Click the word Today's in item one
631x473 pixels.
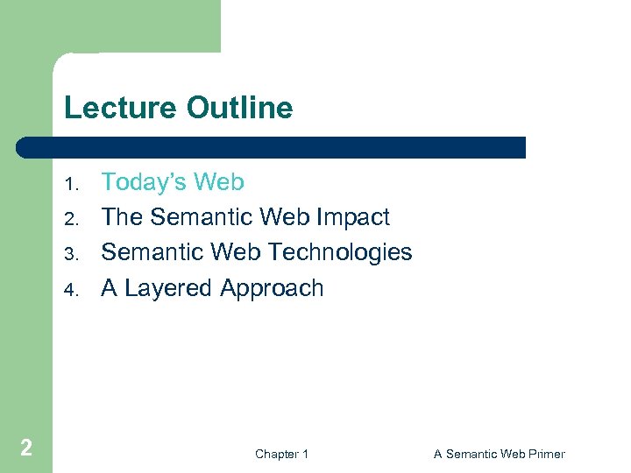144,182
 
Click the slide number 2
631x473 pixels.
26,448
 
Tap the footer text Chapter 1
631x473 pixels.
281,454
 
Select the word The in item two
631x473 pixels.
123,217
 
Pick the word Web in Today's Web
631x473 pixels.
218,182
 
